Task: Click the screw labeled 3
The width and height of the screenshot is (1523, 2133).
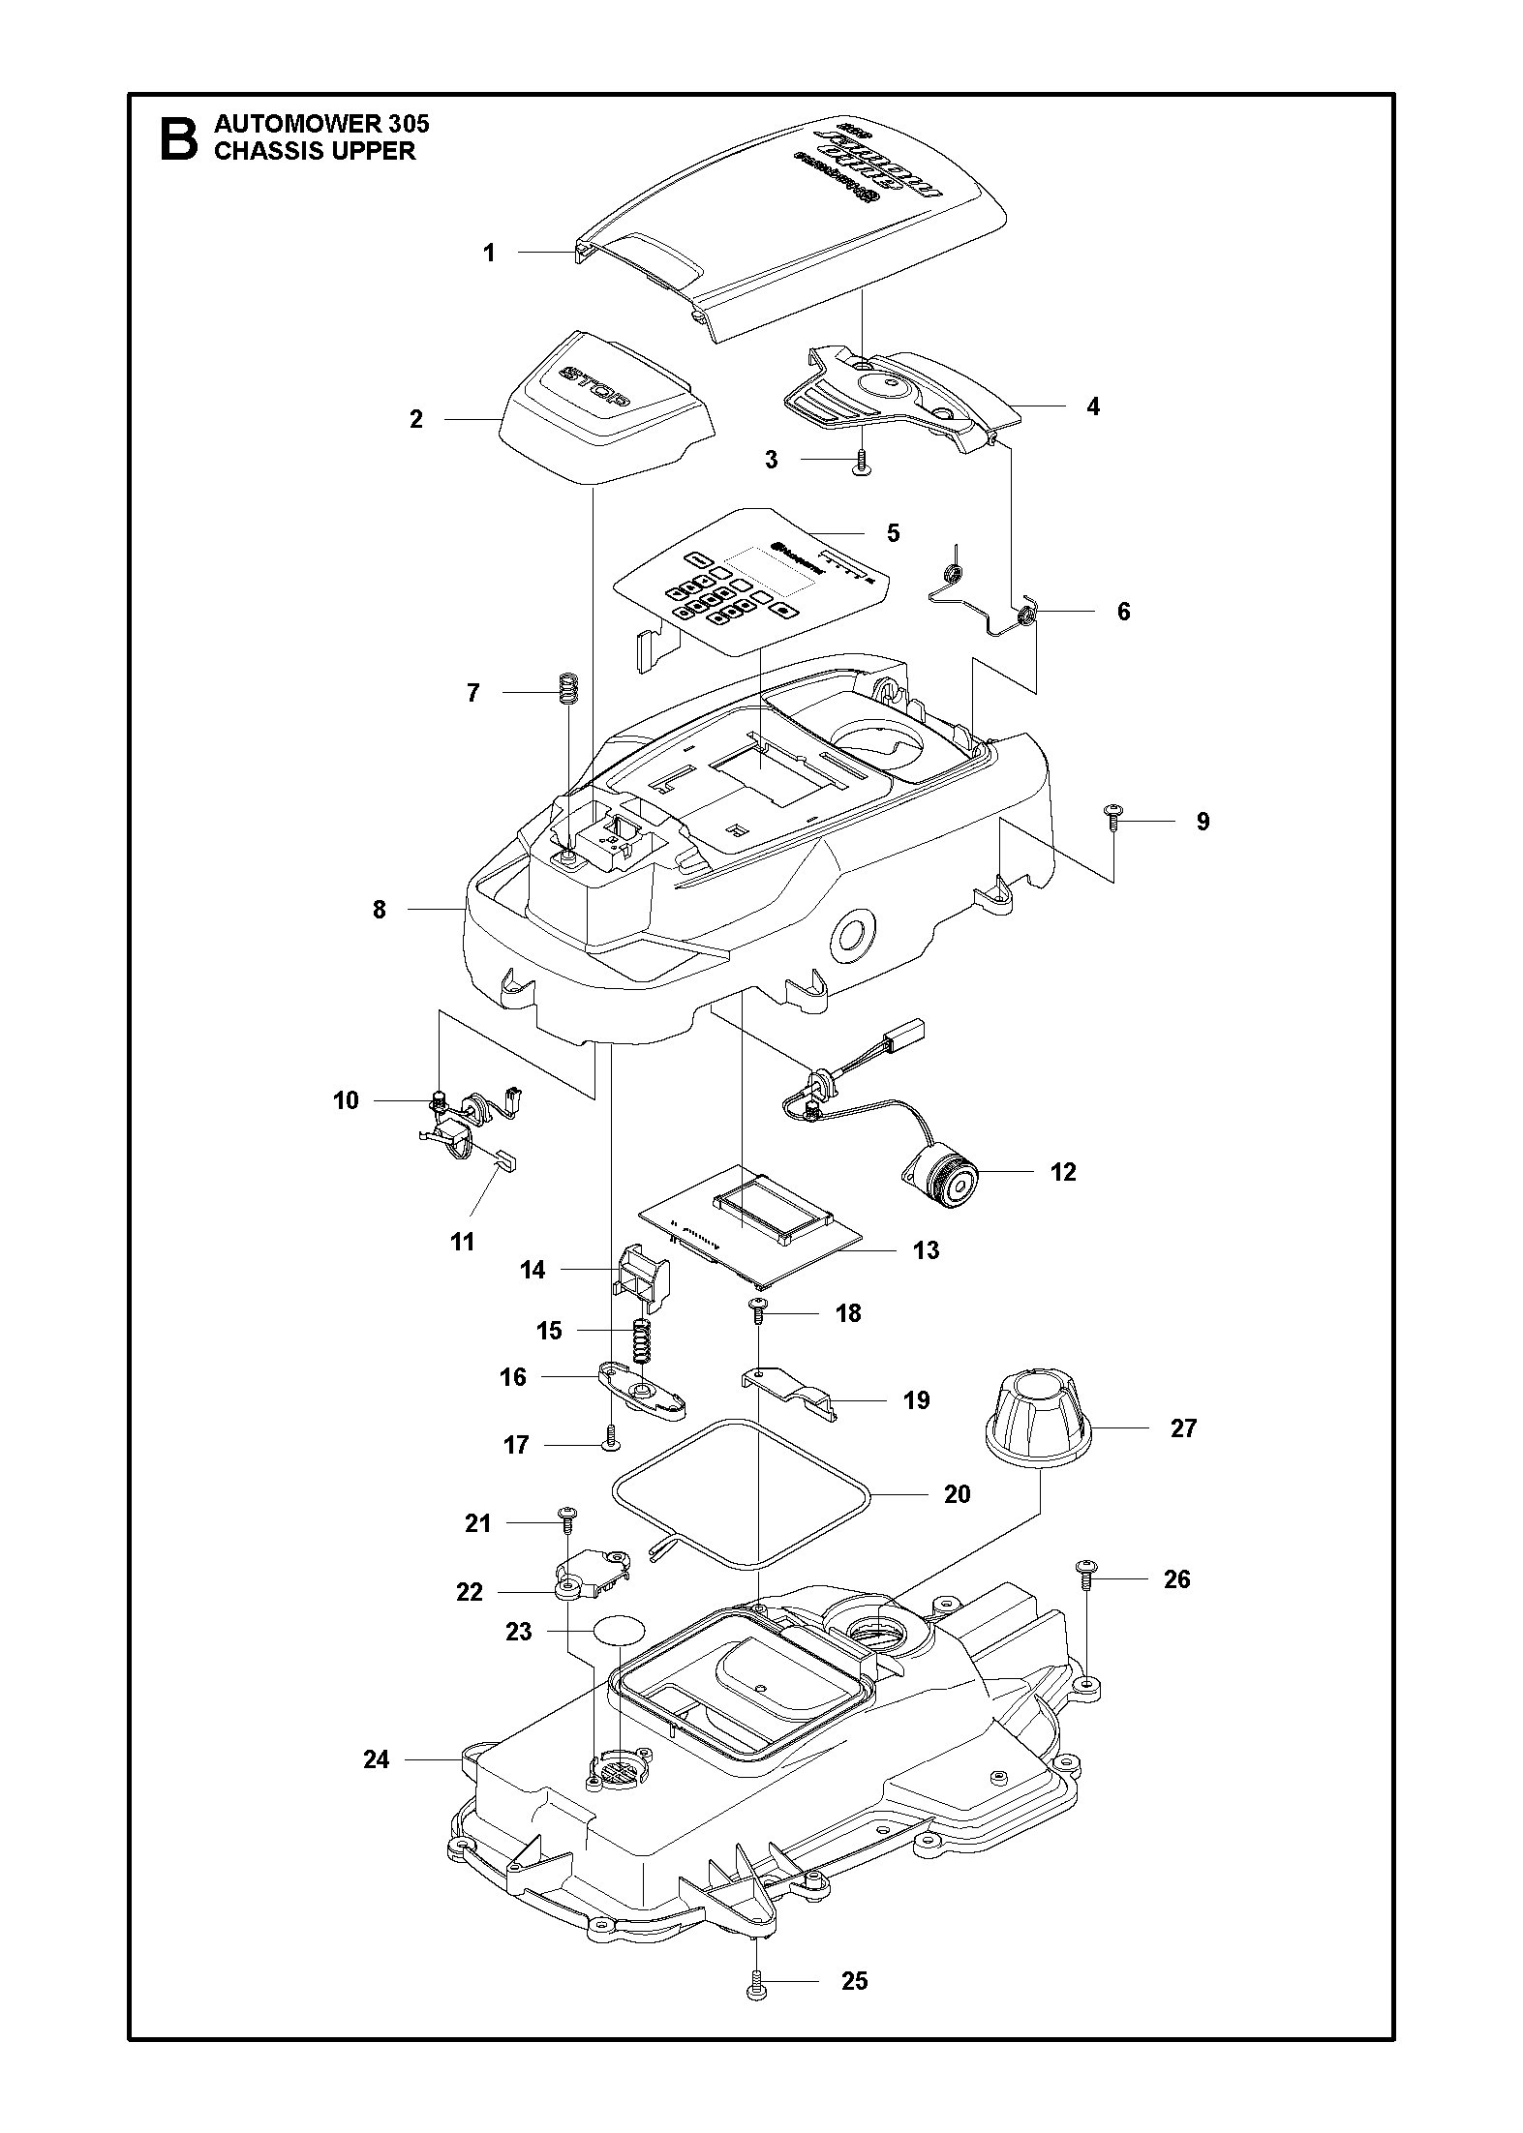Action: pyautogui.click(x=860, y=462)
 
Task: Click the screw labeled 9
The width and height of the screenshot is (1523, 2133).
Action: pyautogui.click(x=1113, y=818)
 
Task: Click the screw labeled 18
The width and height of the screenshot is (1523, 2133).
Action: pyautogui.click(x=757, y=1313)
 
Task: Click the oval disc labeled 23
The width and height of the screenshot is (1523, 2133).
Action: pyautogui.click(x=619, y=1630)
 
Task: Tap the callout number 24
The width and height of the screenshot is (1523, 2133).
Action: pyautogui.click(x=377, y=1758)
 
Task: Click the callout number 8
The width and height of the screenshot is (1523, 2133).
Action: pyautogui.click(x=379, y=910)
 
